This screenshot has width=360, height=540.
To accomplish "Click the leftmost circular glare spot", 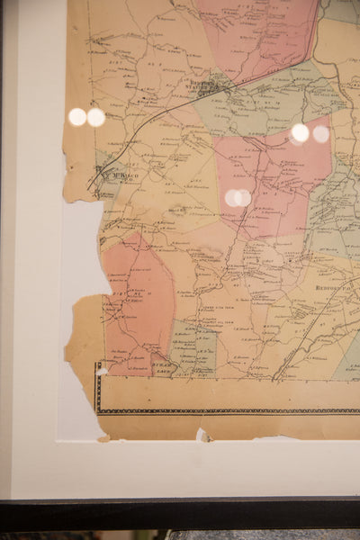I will click(x=77, y=116).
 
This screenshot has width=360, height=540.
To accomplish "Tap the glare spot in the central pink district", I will click(x=238, y=197).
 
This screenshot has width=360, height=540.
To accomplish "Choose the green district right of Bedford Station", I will click(x=261, y=103).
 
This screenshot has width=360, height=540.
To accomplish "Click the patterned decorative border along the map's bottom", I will click(x=225, y=410).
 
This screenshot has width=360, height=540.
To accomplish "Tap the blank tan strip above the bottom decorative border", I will click(x=225, y=391).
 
